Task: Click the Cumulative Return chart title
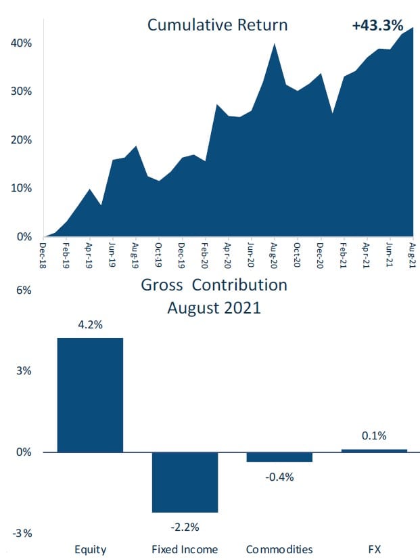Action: [x=217, y=26]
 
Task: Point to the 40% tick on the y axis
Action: [x=21, y=43]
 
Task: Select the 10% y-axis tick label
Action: [x=21, y=188]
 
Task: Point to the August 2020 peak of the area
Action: [x=274, y=45]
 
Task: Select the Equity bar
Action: [x=90, y=394]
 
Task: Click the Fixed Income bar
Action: [x=185, y=482]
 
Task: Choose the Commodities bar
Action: [x=279, y=457]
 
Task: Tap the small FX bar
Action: [x=374, y=450]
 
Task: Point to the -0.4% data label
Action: [x=279, y=477]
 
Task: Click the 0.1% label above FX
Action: [x=374, y=435]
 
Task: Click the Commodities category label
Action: [x=279, y=548]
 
